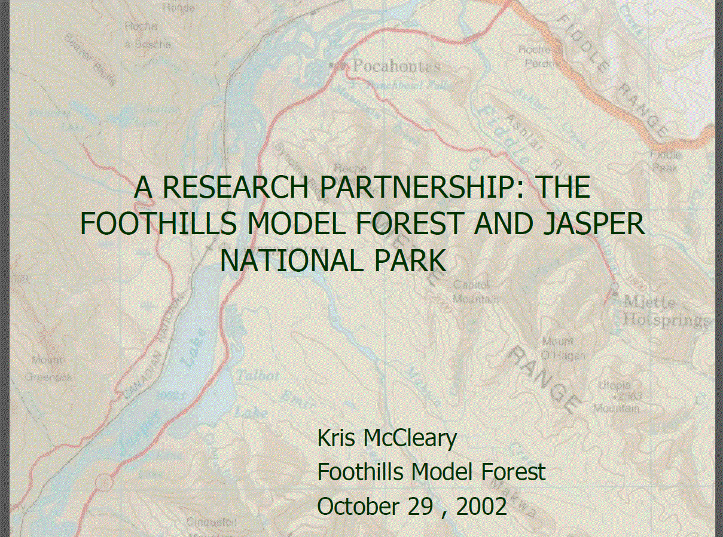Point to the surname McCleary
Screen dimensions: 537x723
coord(410,438)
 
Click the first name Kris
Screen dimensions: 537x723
coord(336,438)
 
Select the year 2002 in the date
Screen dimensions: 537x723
coord(481,507)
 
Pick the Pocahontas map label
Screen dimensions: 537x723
coord(396,66)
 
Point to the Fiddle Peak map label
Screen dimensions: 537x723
coord(665,161)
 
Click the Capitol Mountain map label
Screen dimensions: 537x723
coord(475,291)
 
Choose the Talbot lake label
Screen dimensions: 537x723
coord(258,376)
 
